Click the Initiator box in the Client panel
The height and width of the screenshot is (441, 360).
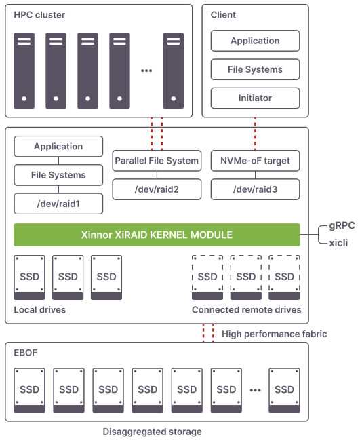(x=255, y=98)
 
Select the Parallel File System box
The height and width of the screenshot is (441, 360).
(x=157, y=161)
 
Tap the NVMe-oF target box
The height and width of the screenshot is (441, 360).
(x=255, y=161)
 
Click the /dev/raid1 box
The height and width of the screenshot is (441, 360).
(x=58, y=204)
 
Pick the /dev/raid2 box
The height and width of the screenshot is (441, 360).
(x=157, y=189)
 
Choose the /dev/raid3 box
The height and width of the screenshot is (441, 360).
(x=255, y=189)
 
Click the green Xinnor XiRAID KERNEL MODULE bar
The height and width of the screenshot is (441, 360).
(x=157, y=235)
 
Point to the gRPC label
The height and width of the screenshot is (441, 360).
(x=342, y=225)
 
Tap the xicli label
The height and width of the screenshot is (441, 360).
(x=338, y=243)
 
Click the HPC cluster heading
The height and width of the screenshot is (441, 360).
(x=39, y=15)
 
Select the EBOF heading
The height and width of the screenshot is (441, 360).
(x=25, y=353)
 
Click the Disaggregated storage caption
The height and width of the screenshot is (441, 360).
(x=152, y=432)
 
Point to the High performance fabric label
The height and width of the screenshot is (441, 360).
(x=275, y=334)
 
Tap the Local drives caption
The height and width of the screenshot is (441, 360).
(x=39, y=309)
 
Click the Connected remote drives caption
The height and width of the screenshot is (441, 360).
(x=247, y=309)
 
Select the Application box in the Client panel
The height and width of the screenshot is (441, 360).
(x=255, y=41)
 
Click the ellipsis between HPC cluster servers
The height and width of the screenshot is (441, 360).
(x=146, y=71)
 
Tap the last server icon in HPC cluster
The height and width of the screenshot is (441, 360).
(x=174, y=71)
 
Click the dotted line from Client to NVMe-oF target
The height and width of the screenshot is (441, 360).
(x=255, y=134)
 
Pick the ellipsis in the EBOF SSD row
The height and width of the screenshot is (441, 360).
(x=255, y=390)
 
